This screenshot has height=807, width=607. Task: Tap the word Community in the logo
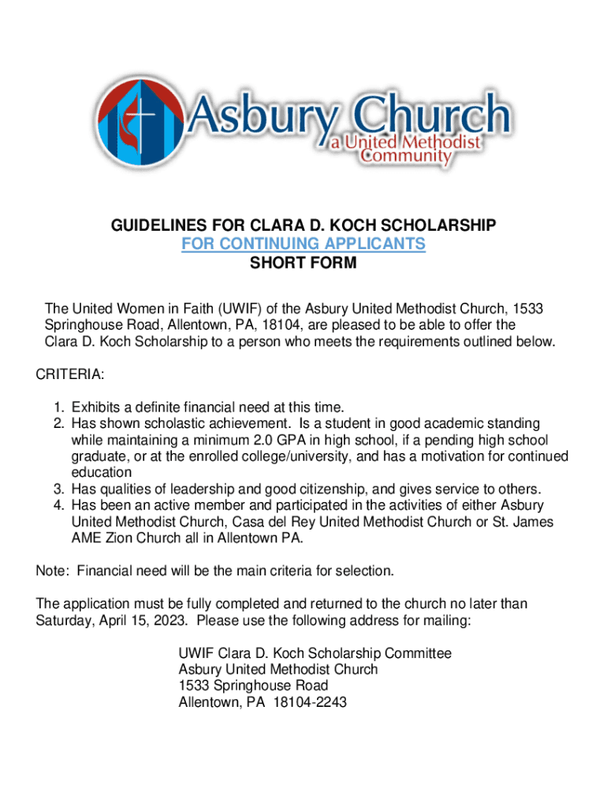click(405, 156)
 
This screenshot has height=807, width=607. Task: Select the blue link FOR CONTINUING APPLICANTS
click(303, 244)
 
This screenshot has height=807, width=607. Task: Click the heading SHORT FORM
click(303, 263)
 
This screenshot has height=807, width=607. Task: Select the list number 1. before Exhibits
click(59, 407)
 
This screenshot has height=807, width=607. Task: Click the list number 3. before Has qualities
click(59, 489)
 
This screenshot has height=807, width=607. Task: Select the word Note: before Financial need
click(53, 571)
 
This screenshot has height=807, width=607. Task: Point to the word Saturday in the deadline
click(64, 620)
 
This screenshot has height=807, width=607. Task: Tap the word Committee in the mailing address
click(416, 653)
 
